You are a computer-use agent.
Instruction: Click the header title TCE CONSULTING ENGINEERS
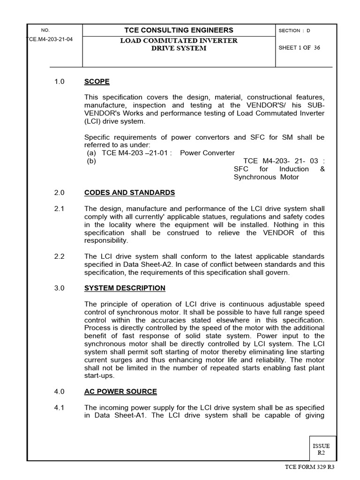179,30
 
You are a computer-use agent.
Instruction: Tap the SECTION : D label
294,30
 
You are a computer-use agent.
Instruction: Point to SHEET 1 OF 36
299,48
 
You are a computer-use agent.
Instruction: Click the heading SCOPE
97,82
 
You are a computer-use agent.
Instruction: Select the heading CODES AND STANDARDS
129,193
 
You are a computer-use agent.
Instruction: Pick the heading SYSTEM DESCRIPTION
125,288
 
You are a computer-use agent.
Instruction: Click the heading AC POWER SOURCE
120,391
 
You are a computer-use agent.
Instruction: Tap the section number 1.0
59,82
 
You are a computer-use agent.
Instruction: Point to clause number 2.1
59,209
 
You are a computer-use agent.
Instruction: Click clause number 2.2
59,256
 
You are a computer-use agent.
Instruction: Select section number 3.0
59,288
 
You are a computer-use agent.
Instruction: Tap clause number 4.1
59,407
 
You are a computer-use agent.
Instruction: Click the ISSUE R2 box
322,450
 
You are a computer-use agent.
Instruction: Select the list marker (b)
91,161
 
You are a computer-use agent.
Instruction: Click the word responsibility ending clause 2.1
105,240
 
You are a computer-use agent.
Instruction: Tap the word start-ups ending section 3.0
99,375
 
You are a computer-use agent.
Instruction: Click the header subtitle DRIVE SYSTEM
179,48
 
